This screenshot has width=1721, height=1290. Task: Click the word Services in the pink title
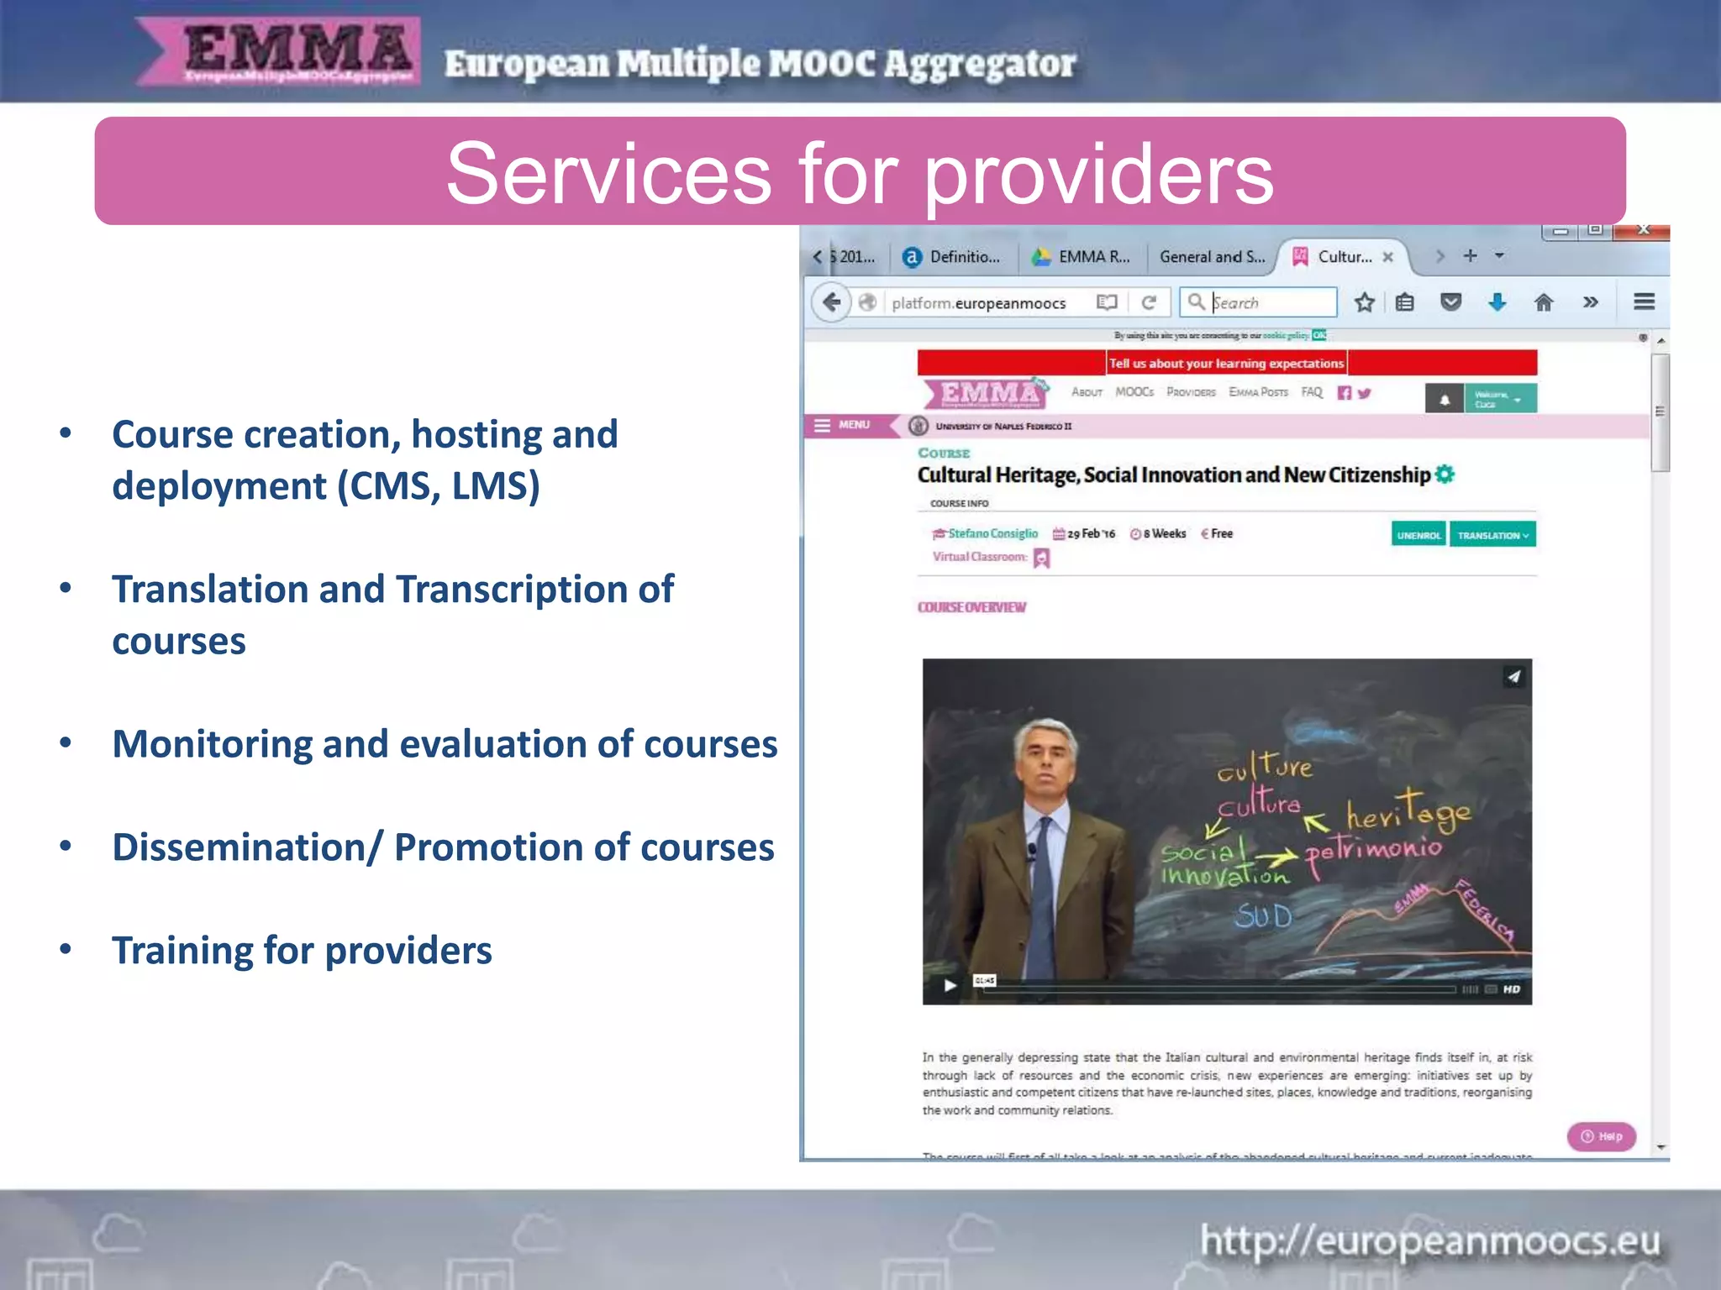pos(608,173)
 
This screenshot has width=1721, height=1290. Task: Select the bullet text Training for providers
pos(302,951)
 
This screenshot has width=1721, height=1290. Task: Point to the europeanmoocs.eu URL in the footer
pos(1429,1240)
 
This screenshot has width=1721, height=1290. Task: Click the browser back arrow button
pos(831,302)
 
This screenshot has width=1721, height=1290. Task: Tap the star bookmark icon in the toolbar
pos(1364,302)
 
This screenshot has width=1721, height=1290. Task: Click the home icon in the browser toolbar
pos(1544,302)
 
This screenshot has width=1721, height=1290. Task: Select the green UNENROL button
pos(1418,535)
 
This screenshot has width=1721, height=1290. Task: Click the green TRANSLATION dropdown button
pos(1492,535)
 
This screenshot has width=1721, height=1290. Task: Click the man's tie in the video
pos(1043,890)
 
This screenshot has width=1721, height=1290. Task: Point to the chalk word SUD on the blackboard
pos(1263,915)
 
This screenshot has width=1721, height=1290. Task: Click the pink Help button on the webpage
pos(1601,1136)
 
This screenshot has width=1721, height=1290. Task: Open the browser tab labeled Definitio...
pos(955,257)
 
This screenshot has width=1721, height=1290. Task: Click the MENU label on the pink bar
pos(852,425)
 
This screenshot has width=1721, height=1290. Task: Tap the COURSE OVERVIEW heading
pos(971,607)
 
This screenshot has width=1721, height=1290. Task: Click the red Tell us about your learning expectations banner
pos(1226,363)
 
